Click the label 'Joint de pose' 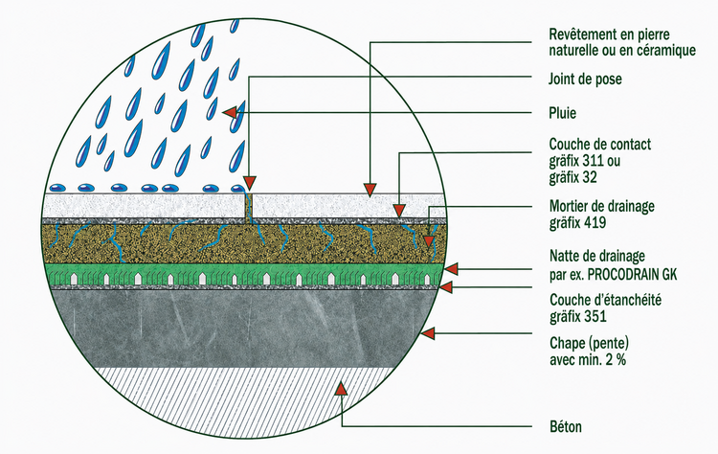click(585, 79)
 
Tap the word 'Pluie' click(562, 113)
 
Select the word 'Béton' click(566, 427)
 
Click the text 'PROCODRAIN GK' click(632, 274)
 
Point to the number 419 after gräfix click(595, 222)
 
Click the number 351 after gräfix click(595, 317)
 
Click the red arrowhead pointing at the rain click(230, 112)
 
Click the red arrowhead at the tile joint click(249, 184)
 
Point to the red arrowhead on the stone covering click(370, 190)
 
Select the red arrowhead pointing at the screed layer click(428, 333)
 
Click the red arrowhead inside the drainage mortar click(429, 242)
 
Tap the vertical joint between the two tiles click(250, 206)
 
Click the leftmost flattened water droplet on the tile click(58, 188)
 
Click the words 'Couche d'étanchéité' click(605, 300)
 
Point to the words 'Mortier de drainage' click(602, 206)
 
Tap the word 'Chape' click(566, 343)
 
